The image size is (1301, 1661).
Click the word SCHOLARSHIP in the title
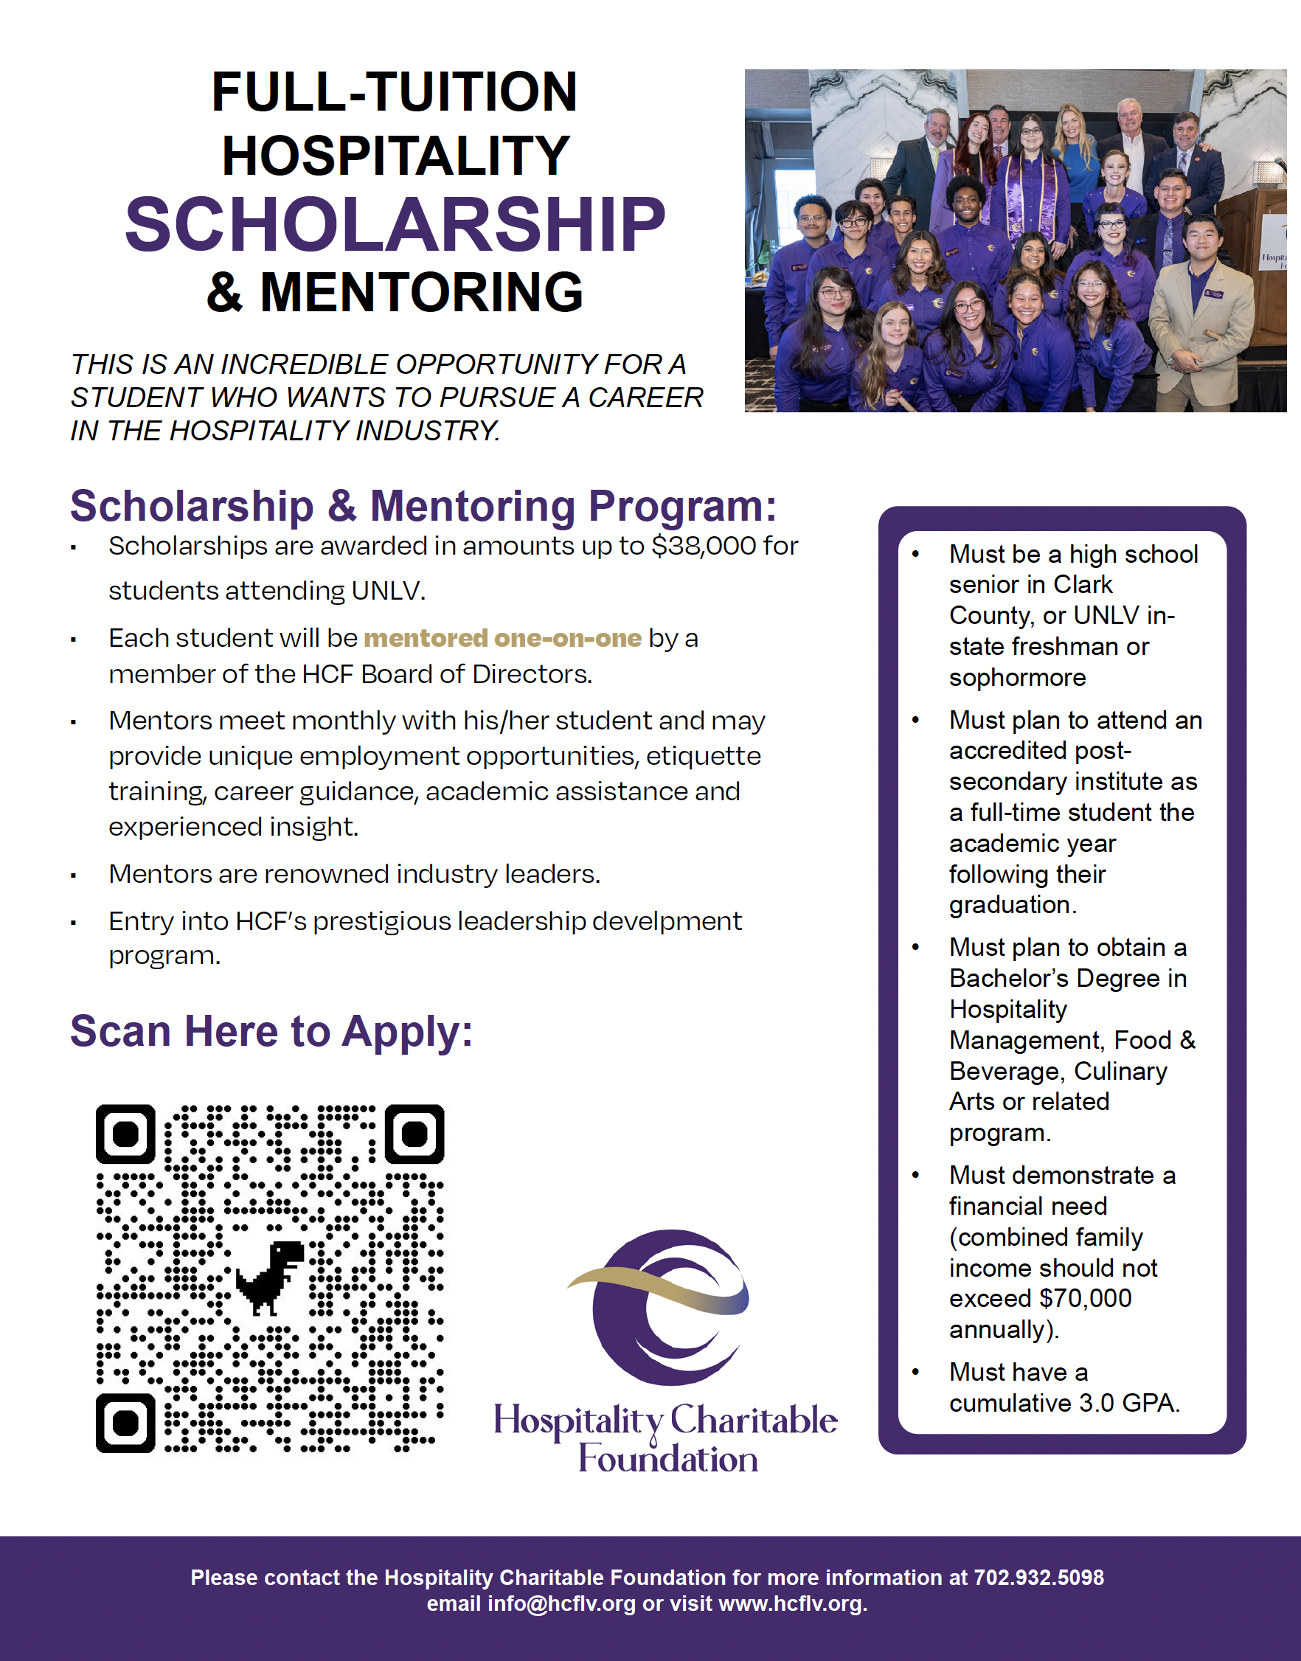coord(395,226)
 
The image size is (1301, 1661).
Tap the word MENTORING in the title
coord(421,294)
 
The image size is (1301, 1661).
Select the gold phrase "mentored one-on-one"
coord(503,638)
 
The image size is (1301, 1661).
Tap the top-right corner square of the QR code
coord(414,1134)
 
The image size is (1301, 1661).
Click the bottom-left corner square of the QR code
coord(125,1423)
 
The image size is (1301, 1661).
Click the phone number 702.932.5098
coord(1038,1577)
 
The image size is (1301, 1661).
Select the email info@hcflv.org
coord(561,1604)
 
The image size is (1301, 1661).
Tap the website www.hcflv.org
coord(792,1604)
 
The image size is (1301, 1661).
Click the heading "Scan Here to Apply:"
coord(271,1032)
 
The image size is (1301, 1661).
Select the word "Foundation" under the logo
coord(668,1459)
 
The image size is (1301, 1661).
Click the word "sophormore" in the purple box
coord(1017,678)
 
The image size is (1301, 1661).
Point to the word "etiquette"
coord(703,756)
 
